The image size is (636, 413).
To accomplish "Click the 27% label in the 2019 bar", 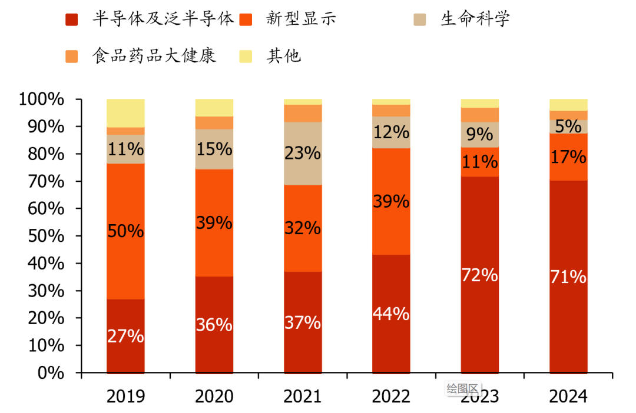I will (x=125, y=337).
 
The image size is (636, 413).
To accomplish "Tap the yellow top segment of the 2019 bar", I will (x=125, y=113).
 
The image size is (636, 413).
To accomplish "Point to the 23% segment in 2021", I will (x=303, y=154).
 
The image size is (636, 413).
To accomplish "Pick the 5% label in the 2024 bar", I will (x=568, y=126).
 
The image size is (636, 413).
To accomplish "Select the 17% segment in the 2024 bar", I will (x=568, y=157).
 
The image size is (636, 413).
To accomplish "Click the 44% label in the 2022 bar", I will (x=391, y=314).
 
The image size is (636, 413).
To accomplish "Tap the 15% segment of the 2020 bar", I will (x=214, y=149).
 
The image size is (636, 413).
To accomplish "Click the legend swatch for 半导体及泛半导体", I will (x=72, y=19).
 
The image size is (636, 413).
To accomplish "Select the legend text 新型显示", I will (x=301, y=19).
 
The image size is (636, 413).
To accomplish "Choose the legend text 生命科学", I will (x=475, y=19).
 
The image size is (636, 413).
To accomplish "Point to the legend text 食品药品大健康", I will (x=154, y=56).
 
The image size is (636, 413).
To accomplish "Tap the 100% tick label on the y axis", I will (x=41, y=99).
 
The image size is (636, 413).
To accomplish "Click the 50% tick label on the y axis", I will (x=46, y=236).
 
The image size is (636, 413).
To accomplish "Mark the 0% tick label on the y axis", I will (x=51, y=373).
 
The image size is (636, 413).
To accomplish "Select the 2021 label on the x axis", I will (x=303, y=397).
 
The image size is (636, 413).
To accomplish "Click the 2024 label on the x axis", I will (x=568, y=397).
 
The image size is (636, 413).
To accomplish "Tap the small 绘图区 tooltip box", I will (x=463, y=388).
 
